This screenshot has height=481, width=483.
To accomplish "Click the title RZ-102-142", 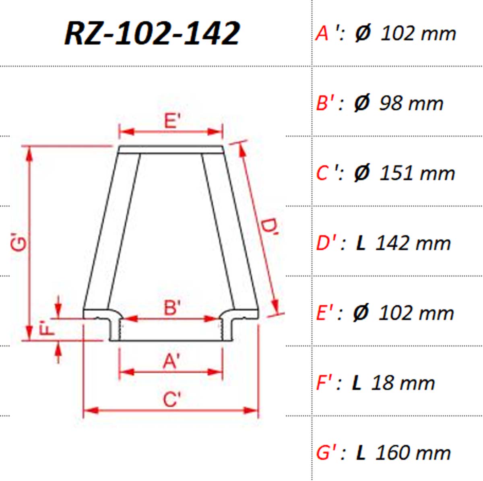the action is click(152, 33).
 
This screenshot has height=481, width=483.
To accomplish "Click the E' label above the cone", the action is click(172, 121).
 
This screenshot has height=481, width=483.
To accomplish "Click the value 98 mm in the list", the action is click(411, 103).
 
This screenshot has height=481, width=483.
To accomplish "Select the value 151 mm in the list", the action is click(417, 173).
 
